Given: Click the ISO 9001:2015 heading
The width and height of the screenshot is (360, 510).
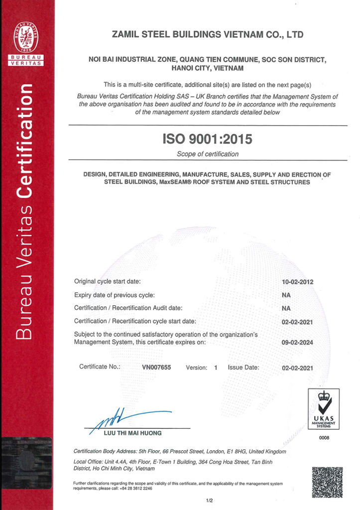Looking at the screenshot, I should click(x=207, y=139).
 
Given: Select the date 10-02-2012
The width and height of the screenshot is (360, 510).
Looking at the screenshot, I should click(x=297, y=282).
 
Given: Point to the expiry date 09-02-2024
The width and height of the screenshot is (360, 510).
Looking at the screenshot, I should click(x=297, y=343).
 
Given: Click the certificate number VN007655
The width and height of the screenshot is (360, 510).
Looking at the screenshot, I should click(x=156, y=368).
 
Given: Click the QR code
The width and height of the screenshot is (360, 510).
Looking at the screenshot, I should click(x=327, y=482).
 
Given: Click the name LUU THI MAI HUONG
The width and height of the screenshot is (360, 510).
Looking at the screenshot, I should click(x=132, y=433).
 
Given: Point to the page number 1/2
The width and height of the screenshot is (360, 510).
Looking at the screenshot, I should click(x=209, y=500).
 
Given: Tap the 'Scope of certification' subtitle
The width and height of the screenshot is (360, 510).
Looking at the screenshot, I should click(x=207, y=154).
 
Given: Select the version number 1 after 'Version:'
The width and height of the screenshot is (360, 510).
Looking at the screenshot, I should click(x=216, y=368).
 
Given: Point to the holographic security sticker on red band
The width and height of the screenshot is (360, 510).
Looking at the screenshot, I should click(x=26, y=463).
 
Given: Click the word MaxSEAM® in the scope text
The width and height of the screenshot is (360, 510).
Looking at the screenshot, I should click(x=177, y=182).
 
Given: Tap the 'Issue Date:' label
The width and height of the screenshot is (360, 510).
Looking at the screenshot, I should click(x=243, y=368).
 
